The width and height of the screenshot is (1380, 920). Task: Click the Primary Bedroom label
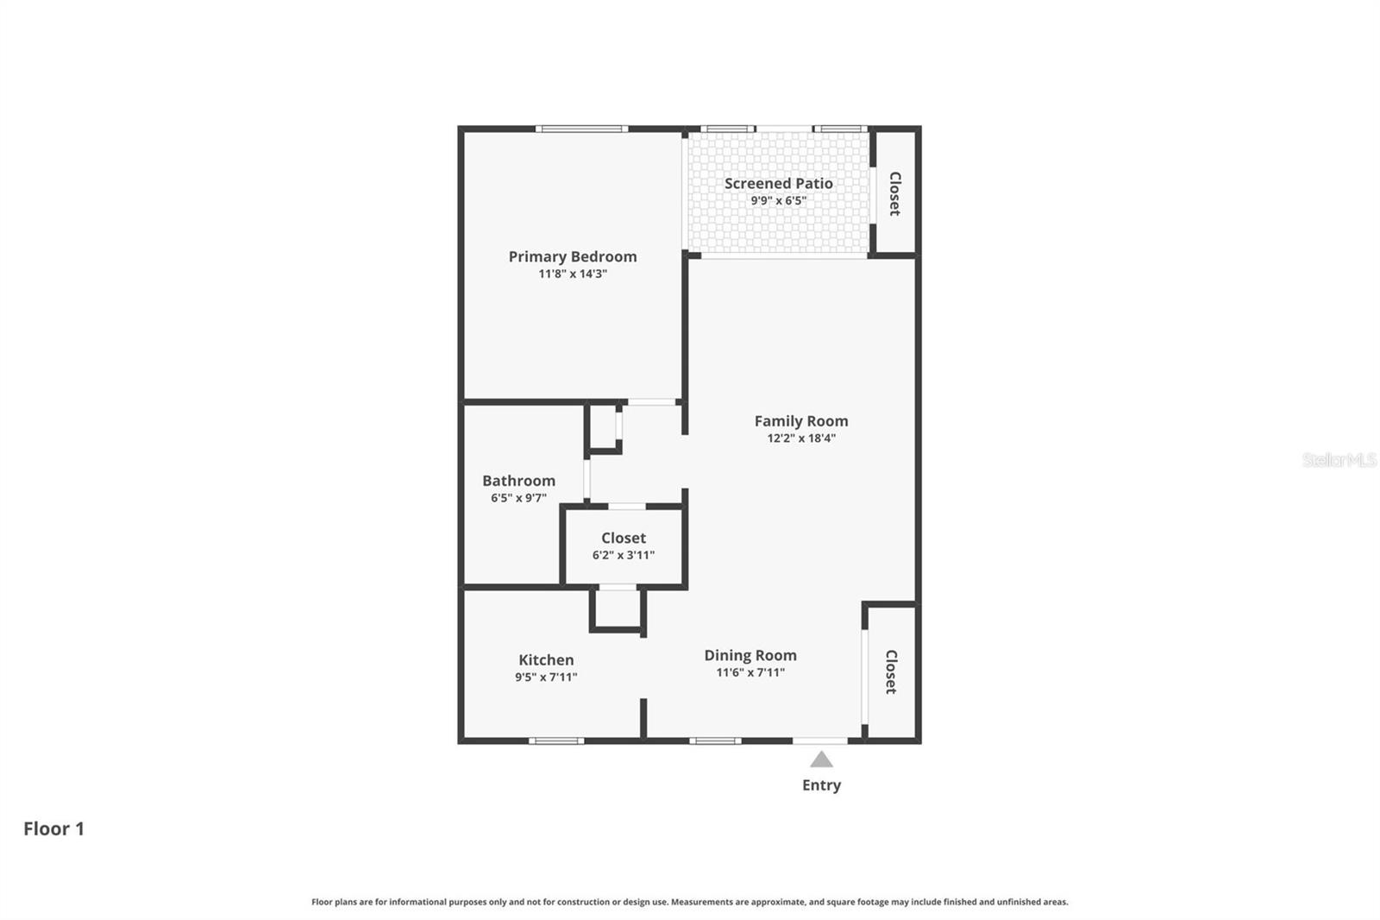573,256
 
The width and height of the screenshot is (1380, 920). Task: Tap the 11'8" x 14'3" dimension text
573,274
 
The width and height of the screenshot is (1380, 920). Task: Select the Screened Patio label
778,183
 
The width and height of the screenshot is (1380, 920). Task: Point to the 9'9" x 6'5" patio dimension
778,200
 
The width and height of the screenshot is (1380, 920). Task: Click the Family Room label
801,421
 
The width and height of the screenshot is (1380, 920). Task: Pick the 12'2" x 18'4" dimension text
801,438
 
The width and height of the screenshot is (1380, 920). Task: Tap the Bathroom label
518,481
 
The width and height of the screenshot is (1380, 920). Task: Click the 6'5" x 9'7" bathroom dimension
518,498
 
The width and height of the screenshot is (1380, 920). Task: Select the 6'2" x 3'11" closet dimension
623,555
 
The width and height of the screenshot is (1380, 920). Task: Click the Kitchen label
546,659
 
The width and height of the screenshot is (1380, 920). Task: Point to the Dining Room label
750,655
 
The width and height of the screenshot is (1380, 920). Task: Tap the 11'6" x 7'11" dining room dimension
750,672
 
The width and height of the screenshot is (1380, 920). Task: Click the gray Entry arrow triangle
821,760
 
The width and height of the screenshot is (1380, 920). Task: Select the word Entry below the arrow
821,785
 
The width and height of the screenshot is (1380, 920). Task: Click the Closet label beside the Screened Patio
894,193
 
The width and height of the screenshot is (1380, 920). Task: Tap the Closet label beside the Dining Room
892,671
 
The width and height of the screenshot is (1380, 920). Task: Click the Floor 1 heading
53,829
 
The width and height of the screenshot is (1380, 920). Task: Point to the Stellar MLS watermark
1339,460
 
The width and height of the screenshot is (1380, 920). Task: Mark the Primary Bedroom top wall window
581,129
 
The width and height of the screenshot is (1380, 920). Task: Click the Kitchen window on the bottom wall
556,740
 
